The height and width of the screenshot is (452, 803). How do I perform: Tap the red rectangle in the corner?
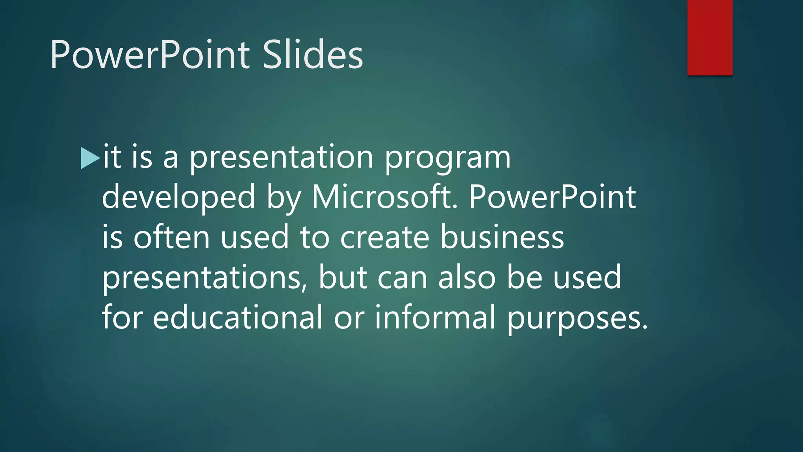710,38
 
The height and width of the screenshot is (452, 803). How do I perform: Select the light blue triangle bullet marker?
89,158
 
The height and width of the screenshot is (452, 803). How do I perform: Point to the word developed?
178,197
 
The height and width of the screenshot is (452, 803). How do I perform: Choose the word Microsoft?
384,197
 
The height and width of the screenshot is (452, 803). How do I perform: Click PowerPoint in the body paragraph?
552,197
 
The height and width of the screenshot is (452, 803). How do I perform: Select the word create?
384,238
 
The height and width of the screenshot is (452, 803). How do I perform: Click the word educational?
237,317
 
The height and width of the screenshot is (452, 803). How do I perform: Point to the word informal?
435,317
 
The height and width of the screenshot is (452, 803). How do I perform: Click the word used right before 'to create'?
255,238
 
